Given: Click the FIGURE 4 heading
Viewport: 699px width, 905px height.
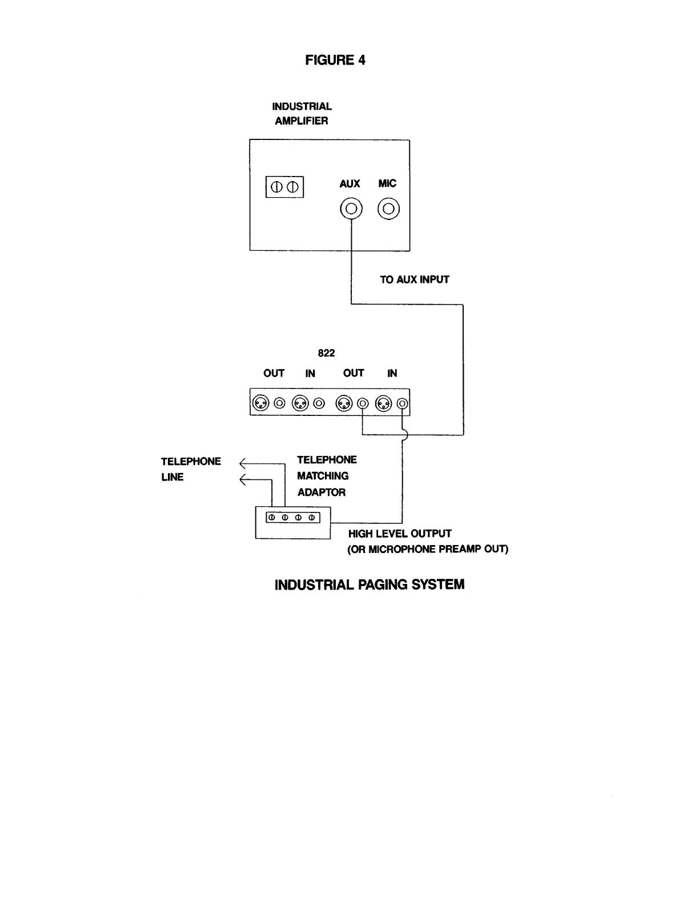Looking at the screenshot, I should click(335, 60).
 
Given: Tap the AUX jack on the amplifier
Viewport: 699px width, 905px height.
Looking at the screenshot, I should click(351, 209).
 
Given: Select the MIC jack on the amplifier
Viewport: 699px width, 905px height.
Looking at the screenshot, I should click(388, 209).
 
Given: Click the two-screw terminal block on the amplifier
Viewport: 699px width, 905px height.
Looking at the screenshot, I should click(284, 187).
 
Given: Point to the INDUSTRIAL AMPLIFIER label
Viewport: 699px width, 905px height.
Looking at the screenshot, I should click(302, 114).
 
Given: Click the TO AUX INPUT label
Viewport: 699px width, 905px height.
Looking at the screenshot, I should click(415, 279).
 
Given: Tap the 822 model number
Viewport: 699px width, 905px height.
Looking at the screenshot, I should click(326, 353).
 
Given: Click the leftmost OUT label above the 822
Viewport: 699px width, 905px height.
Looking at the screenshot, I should click(274, 373).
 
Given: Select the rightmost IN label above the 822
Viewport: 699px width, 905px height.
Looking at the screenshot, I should click(392, 373).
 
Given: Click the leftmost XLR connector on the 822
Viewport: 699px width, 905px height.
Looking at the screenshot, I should click(260, 403).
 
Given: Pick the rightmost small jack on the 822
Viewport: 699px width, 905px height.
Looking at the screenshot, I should click(403, 403).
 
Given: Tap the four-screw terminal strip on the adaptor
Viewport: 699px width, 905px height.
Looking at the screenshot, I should click(293, 518).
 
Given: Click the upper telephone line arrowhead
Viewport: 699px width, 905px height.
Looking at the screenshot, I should click(243, 463).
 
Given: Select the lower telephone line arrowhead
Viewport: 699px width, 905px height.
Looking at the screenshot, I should click(243, 480).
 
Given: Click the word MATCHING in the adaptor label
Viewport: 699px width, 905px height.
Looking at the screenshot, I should click(323, 476).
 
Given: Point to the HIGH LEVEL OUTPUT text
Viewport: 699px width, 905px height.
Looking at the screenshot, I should click(400, 534).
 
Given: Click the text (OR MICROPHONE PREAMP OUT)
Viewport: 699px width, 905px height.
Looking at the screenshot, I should click(428, 550).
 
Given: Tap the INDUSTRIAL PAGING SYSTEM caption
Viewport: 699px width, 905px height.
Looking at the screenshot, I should click(369, 584).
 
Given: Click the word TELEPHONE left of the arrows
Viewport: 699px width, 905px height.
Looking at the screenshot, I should click(191, 462).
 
